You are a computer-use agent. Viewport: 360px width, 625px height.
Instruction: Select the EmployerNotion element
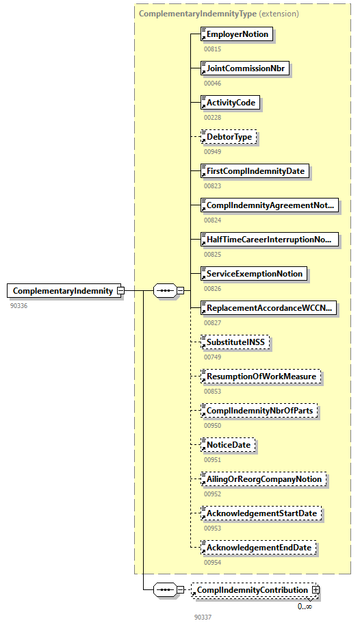(236, 34)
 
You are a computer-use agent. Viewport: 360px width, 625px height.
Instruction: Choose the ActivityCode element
(231, 103)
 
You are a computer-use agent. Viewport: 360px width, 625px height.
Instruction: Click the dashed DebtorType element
(229, 137)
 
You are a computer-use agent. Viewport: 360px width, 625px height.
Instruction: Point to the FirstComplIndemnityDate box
(255, 171)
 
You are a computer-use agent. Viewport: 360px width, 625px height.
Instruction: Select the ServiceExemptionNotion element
(253, 274)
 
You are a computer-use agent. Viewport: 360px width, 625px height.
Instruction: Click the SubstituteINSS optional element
(236, 342)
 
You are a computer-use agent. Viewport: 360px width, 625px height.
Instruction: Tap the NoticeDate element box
(228, 445)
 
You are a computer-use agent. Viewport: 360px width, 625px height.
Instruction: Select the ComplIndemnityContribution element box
(251, 590)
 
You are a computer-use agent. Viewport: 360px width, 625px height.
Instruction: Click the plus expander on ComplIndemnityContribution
(316, 590)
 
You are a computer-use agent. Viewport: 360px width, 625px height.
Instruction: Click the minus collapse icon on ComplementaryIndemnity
(120, 291)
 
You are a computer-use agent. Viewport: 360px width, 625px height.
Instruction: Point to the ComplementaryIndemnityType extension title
(218, 13)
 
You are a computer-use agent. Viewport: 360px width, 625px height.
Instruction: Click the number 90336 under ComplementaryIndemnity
(19, 305)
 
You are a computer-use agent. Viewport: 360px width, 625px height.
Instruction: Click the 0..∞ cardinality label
(305, 606)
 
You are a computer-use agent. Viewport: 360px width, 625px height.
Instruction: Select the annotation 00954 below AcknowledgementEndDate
(213, 562)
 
